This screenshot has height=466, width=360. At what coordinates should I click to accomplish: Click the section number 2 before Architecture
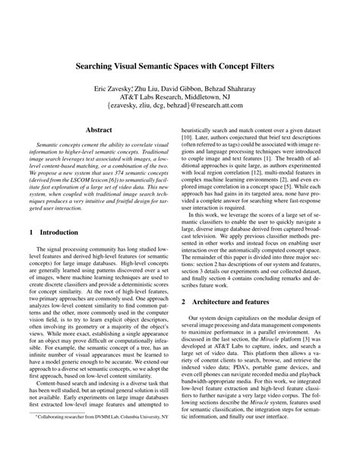click(x=193, y=281)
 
